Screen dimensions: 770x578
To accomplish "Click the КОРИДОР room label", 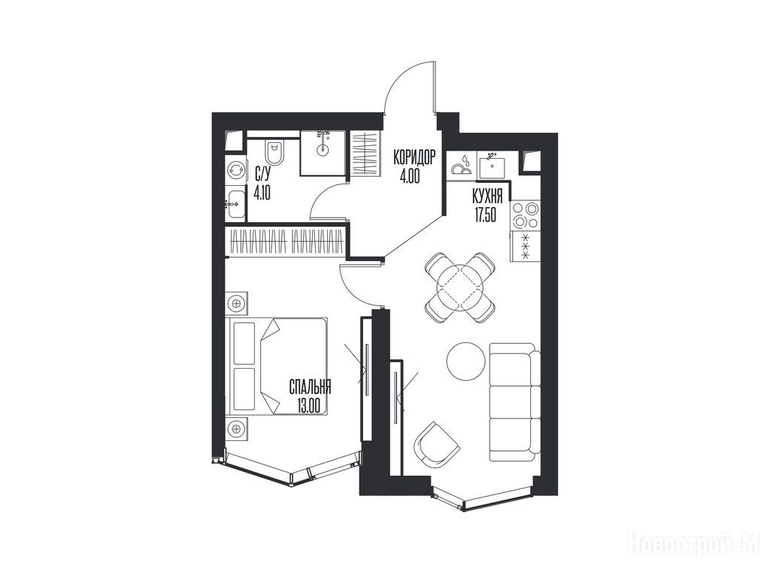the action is click(x=414, y=158).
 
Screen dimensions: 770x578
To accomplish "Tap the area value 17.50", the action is click(x=485, y=215).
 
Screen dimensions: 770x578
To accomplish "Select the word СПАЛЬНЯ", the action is click(x=309, y=388).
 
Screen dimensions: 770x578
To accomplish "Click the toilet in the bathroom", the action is click(x=274, y=152).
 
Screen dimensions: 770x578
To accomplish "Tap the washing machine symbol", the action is click(x=236, y=170).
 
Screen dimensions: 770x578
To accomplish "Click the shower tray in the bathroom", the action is click(x=323, y=152).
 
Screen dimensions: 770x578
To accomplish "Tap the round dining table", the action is click(x=459, y=287).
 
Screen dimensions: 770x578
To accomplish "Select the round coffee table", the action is click(x=466, y=360).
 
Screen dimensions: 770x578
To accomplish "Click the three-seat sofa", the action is click(x=514, y=402).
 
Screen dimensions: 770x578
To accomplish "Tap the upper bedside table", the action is click(x=237, y=303).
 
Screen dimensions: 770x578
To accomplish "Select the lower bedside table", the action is click(x=237, y=429).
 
